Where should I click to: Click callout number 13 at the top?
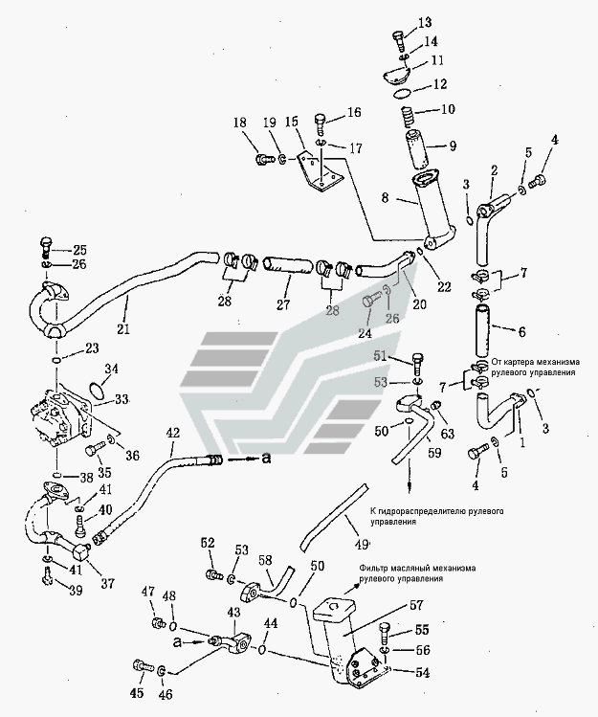tap(398, 22)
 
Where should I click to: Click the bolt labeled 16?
tap(321, 123)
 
